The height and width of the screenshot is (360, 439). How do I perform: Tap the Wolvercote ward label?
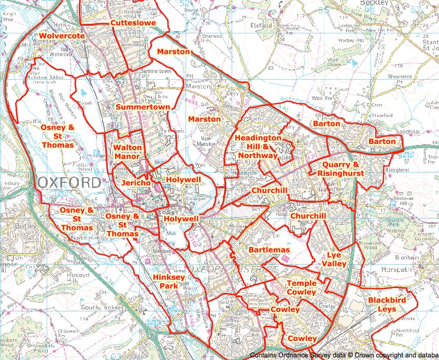(61, 36)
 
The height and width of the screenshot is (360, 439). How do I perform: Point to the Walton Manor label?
(127, 152)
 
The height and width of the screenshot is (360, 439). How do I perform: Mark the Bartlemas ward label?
(269, 250)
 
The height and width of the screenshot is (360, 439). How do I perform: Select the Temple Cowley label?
(301, 288)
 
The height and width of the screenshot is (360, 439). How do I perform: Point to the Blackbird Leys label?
(383, 305)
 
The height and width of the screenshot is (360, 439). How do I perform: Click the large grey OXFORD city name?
(69, 183)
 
